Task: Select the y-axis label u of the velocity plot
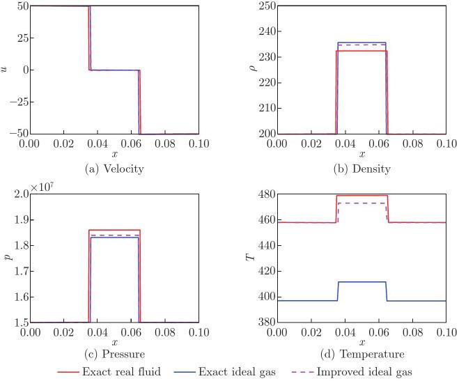6,70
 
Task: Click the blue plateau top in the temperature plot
362,282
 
